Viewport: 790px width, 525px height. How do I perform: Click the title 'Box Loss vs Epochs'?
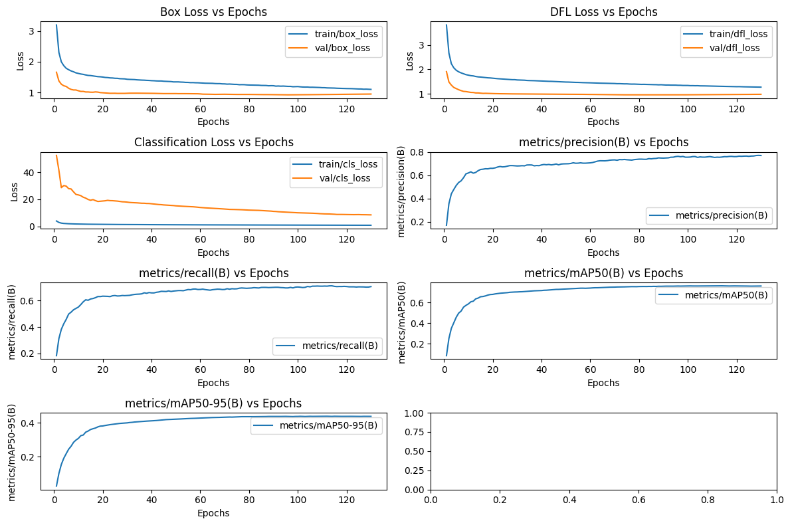213,12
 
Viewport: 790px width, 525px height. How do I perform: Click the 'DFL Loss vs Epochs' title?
603,12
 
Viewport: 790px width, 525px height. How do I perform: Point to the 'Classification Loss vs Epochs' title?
213,142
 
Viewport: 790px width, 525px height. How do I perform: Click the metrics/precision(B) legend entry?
710,215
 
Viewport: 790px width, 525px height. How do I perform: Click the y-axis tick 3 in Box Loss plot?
31,31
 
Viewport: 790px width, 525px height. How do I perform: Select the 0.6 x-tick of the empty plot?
639,499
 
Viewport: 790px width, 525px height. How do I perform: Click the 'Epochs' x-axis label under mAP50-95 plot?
213,513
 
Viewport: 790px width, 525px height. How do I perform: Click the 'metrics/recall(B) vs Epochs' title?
213,273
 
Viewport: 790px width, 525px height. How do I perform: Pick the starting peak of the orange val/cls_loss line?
56,155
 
